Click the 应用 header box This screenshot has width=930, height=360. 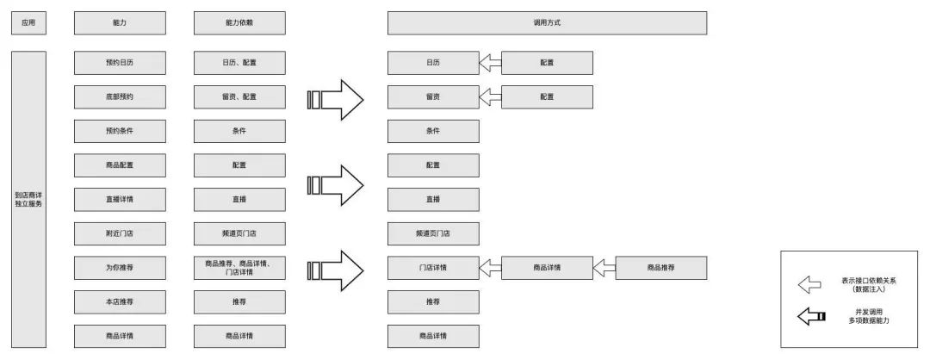(28, 22)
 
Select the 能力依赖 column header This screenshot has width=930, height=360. (239, 22)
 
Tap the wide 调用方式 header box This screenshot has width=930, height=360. (547, 22)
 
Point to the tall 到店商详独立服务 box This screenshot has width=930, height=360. (28, 199)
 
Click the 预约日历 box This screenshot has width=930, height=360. (120, 62)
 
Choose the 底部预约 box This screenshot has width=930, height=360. (120, 96)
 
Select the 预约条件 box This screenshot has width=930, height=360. (120, 131)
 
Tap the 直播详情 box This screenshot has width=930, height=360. (120, 199)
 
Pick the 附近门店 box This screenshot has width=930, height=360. (120, 233)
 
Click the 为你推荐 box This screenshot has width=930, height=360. (120, 268)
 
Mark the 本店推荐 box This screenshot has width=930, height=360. (120, 302)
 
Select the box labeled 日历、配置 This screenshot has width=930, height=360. (239, 62)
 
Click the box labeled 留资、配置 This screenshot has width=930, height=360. (239, 96)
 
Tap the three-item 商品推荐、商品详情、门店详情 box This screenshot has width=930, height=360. (239, 268)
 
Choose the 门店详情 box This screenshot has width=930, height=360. (433, 268)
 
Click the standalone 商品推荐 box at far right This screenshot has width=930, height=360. (661, 268)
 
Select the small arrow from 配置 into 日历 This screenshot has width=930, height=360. (490, 62)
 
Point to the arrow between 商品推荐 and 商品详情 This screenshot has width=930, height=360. (604, 268)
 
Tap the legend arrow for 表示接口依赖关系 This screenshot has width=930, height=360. (810, 284)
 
